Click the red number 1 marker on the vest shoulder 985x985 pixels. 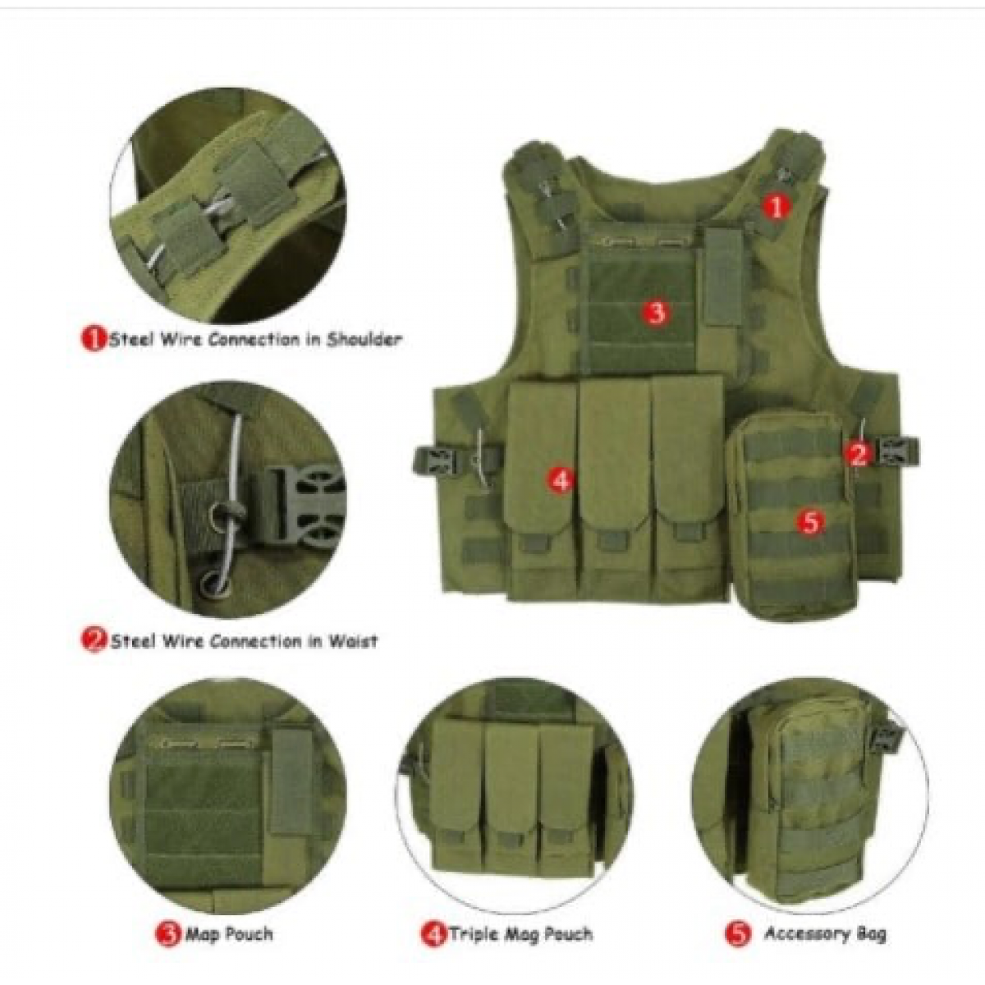point(777,208)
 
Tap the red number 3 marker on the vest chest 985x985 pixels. point(657,311)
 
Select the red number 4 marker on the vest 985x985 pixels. point(561,480)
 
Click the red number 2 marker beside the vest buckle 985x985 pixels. point(859,454)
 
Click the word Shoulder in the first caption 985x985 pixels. point(364,339)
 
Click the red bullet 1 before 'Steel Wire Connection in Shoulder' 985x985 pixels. point(94,339)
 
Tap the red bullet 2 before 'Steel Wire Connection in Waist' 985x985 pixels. point(94,640)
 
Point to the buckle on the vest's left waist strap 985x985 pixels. point(433,460)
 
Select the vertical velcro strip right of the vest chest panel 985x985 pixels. point(724,277)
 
